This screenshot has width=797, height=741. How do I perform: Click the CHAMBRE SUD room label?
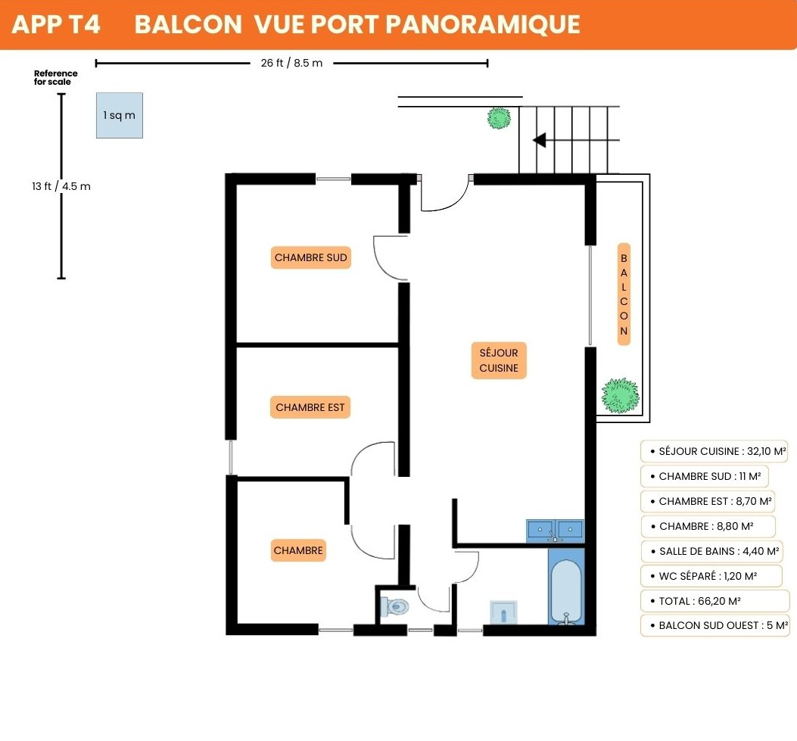click(310, 257)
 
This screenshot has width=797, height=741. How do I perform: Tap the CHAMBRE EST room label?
click(310, 407)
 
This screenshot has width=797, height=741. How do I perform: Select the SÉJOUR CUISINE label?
click(499, 360)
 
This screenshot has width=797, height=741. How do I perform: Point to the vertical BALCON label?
click(624, 294)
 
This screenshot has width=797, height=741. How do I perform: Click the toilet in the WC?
click(394, 606)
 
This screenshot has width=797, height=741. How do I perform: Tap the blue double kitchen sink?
click(555, 531)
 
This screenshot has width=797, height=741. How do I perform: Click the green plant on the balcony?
click(620, 395)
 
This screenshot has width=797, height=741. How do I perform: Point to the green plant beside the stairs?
click(499, 118)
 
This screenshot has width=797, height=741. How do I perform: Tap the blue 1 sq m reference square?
click(120, 115)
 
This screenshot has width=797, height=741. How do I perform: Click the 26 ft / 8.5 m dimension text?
click(291, 63)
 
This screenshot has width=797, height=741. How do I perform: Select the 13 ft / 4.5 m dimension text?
click(61, 186)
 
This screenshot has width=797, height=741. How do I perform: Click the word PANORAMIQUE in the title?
click(483, 24)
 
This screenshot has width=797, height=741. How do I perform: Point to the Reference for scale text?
click(55, 77)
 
